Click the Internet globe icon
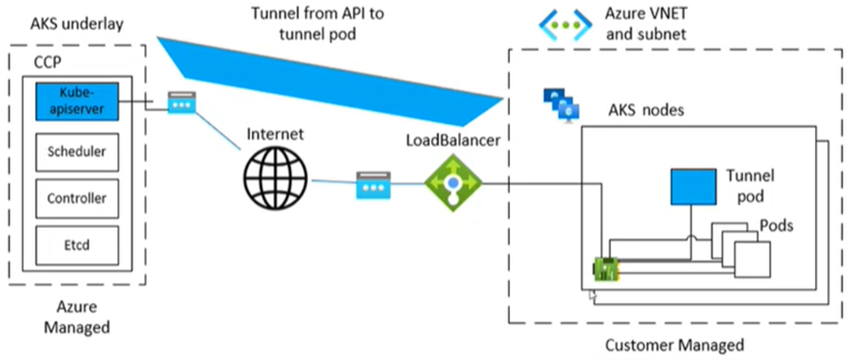[x=277, y=176]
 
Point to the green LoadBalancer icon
[x=452, y=183]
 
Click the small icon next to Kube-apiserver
[x=181, y=103]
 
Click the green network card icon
[x=608, y=269]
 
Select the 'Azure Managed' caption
[x=77, y=317]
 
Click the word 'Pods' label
[x=777, y=224]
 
